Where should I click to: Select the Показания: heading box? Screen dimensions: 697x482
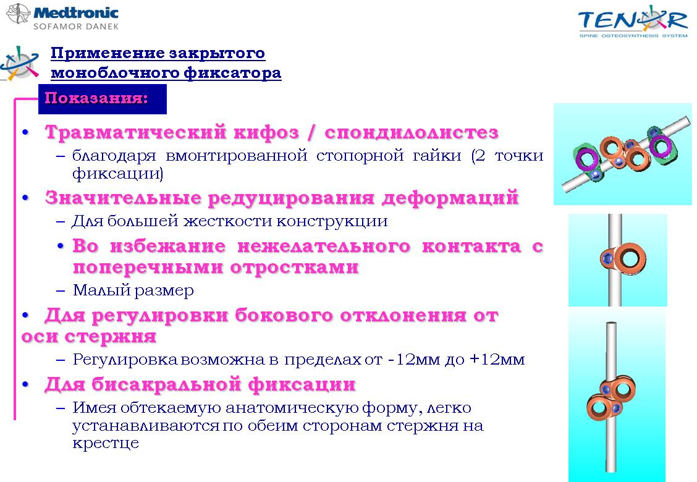click(102, 99)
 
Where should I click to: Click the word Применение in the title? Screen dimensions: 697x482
click(106, 53)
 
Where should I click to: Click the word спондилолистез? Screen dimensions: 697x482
click(411, 132)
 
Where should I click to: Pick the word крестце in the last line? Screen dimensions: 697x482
click(106, 443)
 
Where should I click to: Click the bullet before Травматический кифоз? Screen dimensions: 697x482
click(26, 132)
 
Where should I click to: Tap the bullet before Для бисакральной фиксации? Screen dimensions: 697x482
click(26, 384)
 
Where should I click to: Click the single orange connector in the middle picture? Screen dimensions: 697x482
click(622, 259)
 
